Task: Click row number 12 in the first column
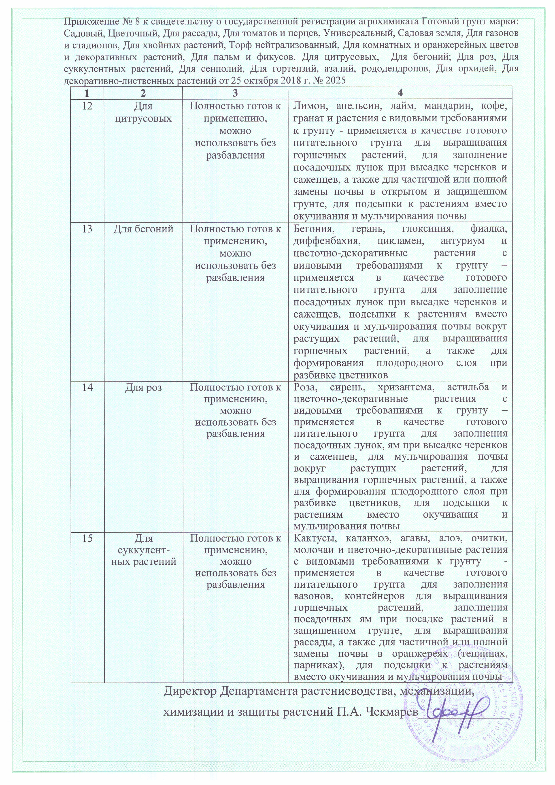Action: tap(87, 106)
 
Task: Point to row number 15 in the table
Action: tap(87, 538)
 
